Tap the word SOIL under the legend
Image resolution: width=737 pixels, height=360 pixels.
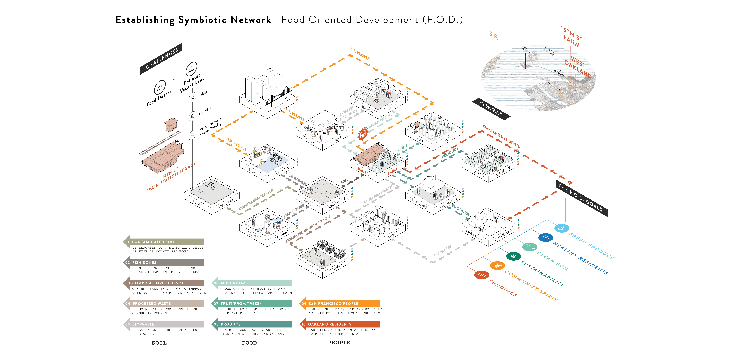pos(159,343)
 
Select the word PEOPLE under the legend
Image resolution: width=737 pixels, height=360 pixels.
pos(339,343)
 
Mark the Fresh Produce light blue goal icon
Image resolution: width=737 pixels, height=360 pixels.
pos(561,228)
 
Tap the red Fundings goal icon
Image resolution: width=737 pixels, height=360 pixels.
pos(481,275)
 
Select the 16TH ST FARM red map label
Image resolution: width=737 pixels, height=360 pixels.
pos(571,37)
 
